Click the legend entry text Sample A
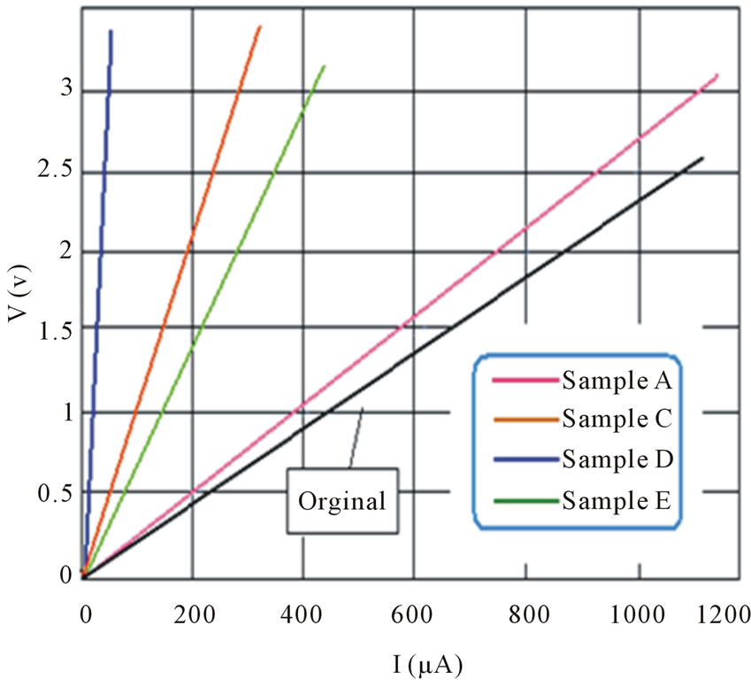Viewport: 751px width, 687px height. [x=617, y=382]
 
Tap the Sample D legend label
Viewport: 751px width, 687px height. [x=617, y=459]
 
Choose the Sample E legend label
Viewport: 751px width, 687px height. [x=617, y=500]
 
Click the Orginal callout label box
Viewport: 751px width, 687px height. [x=342, y=501]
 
